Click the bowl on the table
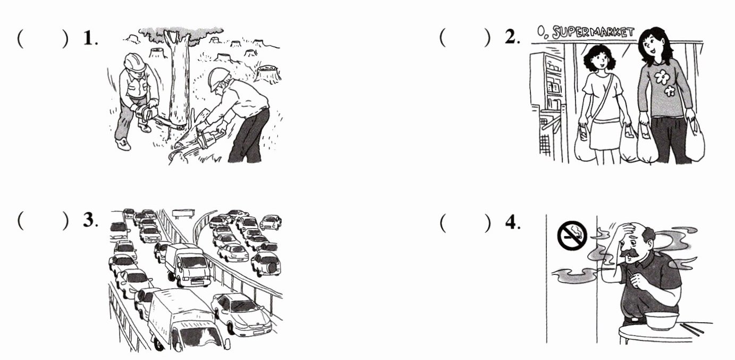661,320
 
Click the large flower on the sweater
661,78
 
